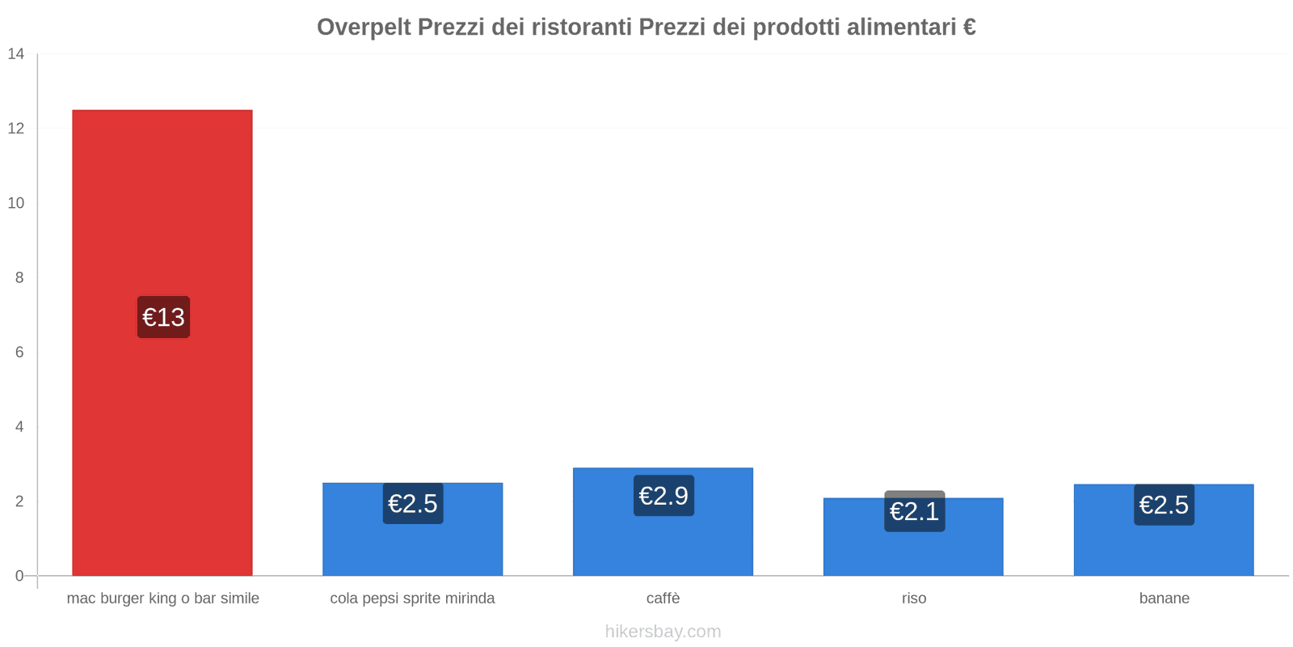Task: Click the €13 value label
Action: pos(163,317)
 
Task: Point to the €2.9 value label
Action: pos(663,496)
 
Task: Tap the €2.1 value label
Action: pos(914,512)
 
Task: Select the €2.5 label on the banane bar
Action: pos(1164,505)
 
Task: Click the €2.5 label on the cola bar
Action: pos(413,504)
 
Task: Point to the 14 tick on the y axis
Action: pos(16,54)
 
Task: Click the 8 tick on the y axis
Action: pos(19,277)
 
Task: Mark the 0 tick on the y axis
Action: pos(19,576)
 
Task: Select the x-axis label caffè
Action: pos(663,598)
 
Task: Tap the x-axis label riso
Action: pos(914,598)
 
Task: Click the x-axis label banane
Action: pos(1164,598)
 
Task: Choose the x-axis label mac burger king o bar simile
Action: pos(162,598)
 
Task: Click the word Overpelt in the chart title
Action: pos(364,27)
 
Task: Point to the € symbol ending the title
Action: pos(969,27)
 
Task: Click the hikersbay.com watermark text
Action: pos(663,632)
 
